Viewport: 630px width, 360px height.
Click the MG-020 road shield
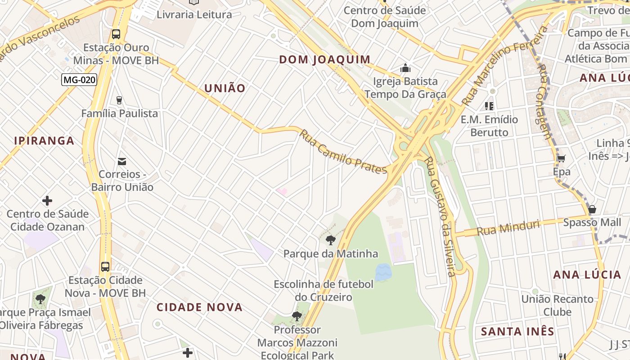[79, 80]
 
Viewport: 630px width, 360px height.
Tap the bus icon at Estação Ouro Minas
[116, 34]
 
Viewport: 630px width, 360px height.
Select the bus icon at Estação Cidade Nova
[105, 266]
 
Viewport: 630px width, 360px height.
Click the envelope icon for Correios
[121, 162]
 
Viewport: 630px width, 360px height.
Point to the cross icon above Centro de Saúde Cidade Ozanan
[47, 201]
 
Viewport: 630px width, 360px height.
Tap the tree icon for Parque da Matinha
[331, 240]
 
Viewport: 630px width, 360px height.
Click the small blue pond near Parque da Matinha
[383, 272]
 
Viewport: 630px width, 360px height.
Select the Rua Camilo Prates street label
[343, 152]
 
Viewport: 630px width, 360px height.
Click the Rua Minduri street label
[508, 228]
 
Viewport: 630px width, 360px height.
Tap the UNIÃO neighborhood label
[225, 88]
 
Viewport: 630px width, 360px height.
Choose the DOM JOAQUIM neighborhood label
[325, 59]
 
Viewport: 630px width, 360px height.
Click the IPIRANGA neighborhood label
[44, 140]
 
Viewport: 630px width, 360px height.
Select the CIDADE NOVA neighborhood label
[200, 307]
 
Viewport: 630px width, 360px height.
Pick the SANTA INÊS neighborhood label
[517, 332]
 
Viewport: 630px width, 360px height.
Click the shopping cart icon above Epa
[561, 158]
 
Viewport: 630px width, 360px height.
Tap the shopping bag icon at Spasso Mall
[592, 210]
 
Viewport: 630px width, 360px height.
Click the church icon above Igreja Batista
[405, 68]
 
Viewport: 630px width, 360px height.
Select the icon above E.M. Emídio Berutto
[489, 106]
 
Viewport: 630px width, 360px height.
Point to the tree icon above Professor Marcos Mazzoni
[297, 316]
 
